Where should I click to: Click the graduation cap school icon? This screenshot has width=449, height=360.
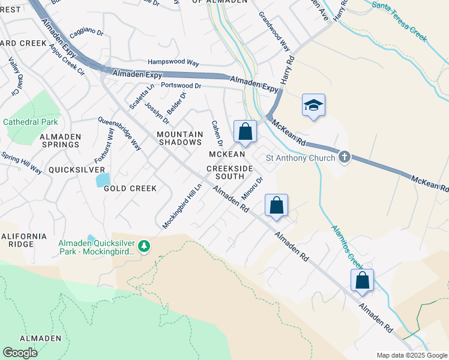click(313, 105)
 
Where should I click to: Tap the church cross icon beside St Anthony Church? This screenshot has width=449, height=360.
click(344, 157)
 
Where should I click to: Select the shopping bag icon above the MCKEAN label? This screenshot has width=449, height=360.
click(245, 131)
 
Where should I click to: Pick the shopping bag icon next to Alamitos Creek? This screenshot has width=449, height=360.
click(362, 280)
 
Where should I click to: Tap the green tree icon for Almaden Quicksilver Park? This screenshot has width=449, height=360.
click(143, 247)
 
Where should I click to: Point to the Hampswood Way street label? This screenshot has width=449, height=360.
click(173, 62)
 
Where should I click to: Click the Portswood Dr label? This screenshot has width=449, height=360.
click(176, 86)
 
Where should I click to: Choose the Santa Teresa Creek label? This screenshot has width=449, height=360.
click(399, 20)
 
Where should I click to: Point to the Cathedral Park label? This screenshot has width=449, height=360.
click(30, 122)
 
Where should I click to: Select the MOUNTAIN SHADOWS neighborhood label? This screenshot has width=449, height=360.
click(179, 138)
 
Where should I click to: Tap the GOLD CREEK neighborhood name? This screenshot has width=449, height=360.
click(130, 188)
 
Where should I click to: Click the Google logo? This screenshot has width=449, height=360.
click(20, 353)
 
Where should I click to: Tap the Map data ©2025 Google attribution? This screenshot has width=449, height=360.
click(412, 355)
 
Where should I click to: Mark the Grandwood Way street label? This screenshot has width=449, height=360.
click(274, 28)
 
